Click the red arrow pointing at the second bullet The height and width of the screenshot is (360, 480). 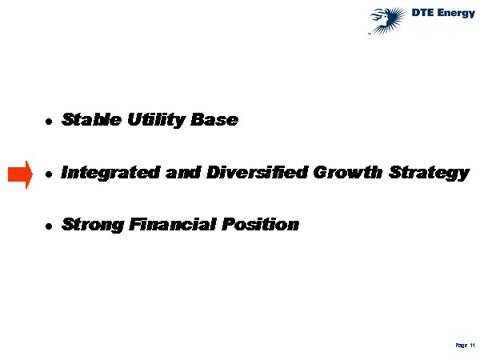tap(20, 174)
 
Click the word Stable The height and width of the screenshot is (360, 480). tap(91, 119)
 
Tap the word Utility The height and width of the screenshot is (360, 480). tap(156, 120)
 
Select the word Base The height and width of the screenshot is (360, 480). tap(214, 119)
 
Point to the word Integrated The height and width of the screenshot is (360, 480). tap(110, 173)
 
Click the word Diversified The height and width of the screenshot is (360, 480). tap(258, 172)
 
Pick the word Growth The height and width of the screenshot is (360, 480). tap(348, 172)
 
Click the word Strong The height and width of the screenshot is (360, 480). tap(93, 225)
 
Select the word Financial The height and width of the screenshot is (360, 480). tap(173, 224)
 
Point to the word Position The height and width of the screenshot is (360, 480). tap(260, 224)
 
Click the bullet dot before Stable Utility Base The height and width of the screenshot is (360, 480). tap(49, 122)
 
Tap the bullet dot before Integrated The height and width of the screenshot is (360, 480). tap(49, 174)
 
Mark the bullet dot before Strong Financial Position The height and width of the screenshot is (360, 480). tap(49, 226)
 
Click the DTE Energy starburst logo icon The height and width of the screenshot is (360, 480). tap(388, 21)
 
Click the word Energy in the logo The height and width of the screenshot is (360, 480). tap(456, 13)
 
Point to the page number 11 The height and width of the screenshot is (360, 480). tap(472, 345)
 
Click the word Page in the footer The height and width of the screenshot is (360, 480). tap(462, 346)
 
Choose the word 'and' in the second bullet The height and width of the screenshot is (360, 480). tap(183, 172)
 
